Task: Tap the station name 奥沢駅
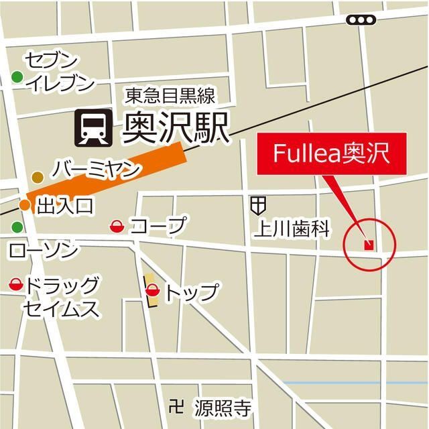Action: coord(176,127)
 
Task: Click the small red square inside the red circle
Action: coord(367,245)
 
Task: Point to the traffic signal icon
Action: coord(361,20)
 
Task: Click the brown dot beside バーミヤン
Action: coord(38,177)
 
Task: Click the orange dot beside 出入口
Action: coord(25,204)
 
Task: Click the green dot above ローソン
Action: coord(17,227)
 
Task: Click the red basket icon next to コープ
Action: coord(116,227)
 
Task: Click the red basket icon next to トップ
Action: coord(153,291)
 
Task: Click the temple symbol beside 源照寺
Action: coord(177,406)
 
